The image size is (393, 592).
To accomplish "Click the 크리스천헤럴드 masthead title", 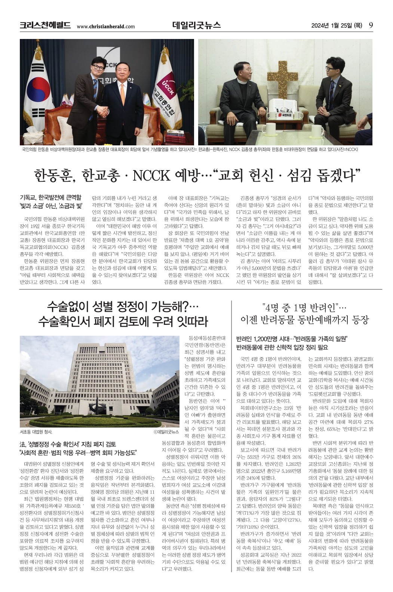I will pos(45,25).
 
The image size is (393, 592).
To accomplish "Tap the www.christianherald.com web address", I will pos(105,26).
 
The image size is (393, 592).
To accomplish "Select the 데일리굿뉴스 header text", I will pos(196,25).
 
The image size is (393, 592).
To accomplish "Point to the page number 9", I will pos(371,25).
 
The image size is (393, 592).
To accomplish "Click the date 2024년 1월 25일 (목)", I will pos(337,25).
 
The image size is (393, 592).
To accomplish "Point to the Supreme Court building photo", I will pos(99,381).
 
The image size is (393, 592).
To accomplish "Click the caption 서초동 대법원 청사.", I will pos(36,432).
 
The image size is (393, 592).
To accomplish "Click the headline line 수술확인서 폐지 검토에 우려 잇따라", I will pos(123,321).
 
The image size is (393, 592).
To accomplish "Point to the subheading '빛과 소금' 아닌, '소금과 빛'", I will pos(51,206).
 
